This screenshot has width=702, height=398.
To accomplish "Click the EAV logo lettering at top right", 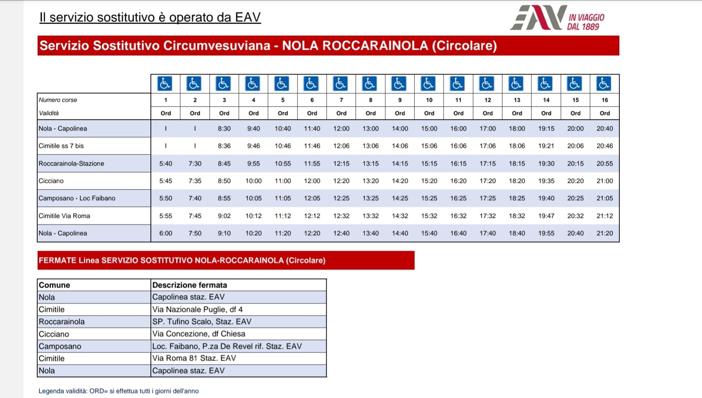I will (x=539, y=17).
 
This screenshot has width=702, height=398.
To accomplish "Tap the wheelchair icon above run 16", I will (x=604, y=84).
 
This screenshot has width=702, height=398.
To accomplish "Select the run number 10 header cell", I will (x=429, y=100).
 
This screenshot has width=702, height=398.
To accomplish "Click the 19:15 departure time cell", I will (x=546, y=129).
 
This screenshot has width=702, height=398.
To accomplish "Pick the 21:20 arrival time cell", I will (x=604, y=233).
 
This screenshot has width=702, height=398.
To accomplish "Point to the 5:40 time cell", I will (x=166, y=164).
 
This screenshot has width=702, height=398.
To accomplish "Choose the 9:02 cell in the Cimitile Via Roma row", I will (x=224, y=216).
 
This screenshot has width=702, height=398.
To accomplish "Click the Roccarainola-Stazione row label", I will (x=72, y=164).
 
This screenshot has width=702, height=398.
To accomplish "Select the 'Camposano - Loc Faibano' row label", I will (x=77, y=198).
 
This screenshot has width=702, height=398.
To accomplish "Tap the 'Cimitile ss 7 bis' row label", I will (x=61, y=146).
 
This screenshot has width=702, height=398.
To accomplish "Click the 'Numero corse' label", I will (x=58, y=100).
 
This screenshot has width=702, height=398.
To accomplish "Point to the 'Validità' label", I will (x=49, y=113).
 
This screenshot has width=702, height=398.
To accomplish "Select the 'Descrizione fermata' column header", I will (x=190, y=285).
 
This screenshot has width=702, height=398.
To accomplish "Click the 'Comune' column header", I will (x=54, y=285).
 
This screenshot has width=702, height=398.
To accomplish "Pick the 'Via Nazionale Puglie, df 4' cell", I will (x=197, y=310).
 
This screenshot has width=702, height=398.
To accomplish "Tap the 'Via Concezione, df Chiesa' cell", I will (x=198, y=334).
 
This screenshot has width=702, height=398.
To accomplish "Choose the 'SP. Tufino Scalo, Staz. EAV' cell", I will (x=202, y=322).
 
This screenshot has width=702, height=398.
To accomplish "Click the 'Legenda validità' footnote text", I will (x=118, y=391).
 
